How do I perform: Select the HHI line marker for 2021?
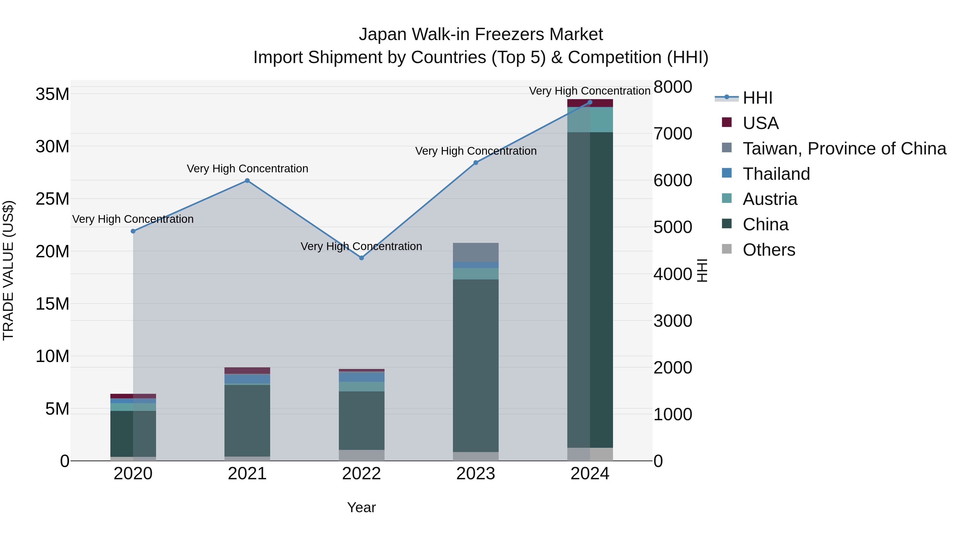(247, 181)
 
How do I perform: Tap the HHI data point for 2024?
(590, 102)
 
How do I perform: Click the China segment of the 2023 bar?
(475, 366)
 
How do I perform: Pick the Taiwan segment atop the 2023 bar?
(475, 252)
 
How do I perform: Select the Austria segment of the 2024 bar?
(590, 119)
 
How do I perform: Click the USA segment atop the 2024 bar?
(590, 103)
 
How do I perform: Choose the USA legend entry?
(760, 123)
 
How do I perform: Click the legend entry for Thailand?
(776, 174)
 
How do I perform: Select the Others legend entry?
(769, 250)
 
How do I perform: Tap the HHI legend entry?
(757, 98)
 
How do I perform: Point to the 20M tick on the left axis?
(52, 251)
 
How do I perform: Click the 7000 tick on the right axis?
(673, 134)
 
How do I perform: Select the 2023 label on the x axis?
(475, 474)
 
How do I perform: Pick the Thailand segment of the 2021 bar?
(247, 379)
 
